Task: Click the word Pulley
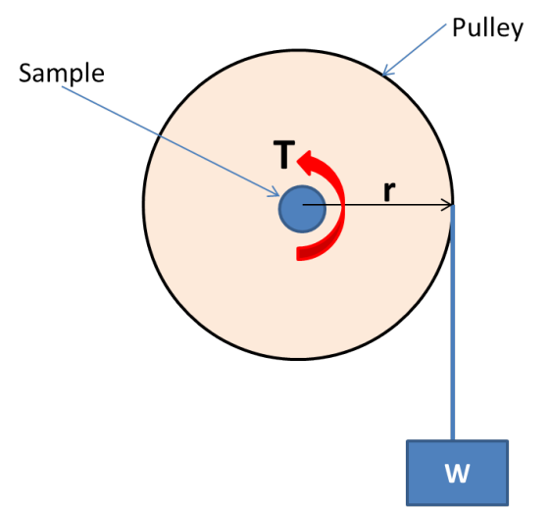coord(487,28)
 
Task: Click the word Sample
coord(62,74)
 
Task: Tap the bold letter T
coord(284,155)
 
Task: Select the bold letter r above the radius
coord(389,191)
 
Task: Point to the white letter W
coord(457,474)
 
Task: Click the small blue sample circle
coord(303,209)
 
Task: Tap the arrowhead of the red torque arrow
coord(306,163)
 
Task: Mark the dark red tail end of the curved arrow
coord(300,254)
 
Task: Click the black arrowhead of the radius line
coord(448,205)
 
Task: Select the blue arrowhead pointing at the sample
coord(274,192)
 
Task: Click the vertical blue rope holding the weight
coord(453,323)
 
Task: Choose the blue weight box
coord(457,473)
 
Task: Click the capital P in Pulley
coord(459,27)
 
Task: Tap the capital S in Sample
coord(25,73)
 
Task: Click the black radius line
coord(377,205)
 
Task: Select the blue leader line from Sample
coord(171,141)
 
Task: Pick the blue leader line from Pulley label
coord(414,50)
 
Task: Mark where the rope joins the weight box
coord(453,440)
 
